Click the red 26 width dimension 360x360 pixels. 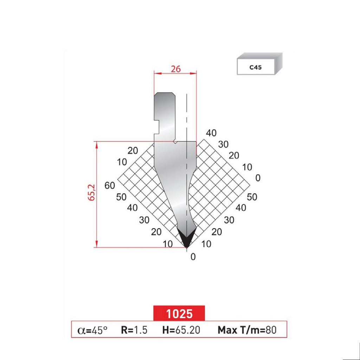coord(175,69)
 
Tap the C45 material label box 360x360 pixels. coord(256,67)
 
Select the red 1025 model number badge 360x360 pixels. coord(179,313)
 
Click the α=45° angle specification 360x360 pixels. coord(92,330)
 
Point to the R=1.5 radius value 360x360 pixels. coord(134,330)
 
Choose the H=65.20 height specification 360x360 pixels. coord(180,330)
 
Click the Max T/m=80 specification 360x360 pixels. coord(247,330)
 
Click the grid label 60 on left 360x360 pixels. coord(110,185)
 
